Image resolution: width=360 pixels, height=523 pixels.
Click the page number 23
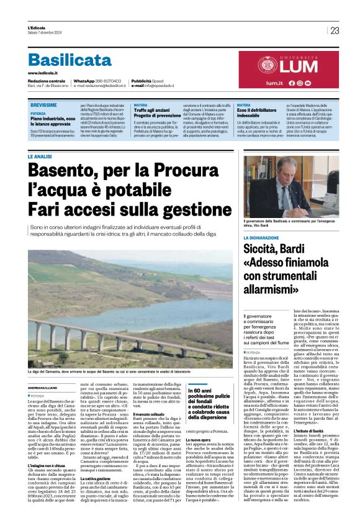coord(335,30)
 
